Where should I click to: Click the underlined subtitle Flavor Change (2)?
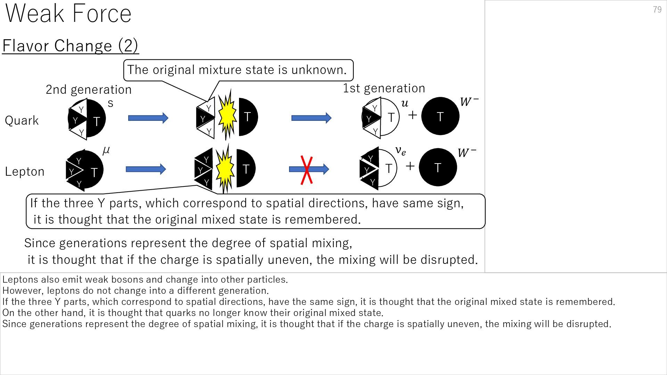click(71, 46)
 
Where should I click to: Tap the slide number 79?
click(657, 10)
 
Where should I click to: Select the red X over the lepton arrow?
click(306, 170)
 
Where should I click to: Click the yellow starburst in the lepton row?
click(225, 168)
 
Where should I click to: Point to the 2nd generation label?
click(89, 90)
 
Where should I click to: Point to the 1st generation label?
click(384, 88)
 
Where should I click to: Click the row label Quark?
click(22, 120)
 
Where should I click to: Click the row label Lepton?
click(24, 172)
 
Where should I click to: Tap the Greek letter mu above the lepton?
click(106, 150)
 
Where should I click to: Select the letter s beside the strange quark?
click(110, 103)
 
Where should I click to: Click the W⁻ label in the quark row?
click(469, 102)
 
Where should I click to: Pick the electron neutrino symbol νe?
click(401, 151)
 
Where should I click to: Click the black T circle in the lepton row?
click(438, 167)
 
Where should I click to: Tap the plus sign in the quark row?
click(412, 115)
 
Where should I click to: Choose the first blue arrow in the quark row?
click(148, 118)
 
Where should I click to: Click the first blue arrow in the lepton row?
click(146, 169)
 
